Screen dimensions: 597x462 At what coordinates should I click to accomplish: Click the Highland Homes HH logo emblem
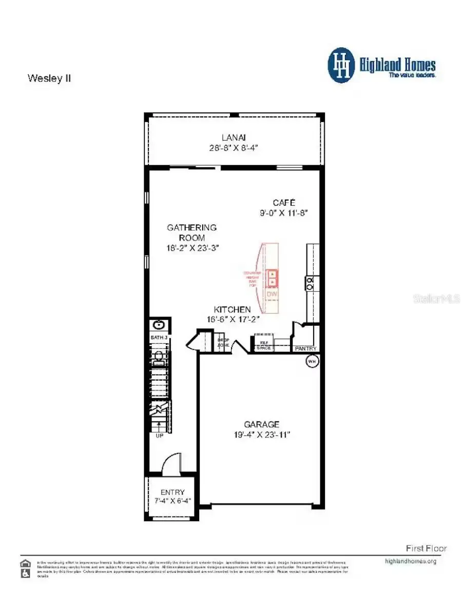point(341,65)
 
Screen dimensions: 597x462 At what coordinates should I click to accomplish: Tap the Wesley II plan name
point(49,78)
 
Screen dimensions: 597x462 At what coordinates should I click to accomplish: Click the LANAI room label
point(234,137)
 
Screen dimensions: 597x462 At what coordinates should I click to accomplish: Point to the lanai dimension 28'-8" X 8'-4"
point(234,147)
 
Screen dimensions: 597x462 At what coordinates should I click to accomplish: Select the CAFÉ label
point(284,203)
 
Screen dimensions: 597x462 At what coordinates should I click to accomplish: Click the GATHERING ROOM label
point(192,232)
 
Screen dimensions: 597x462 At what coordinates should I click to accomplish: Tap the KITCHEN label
point(233,310)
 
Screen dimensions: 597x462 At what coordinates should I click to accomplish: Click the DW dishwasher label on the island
point(272,294)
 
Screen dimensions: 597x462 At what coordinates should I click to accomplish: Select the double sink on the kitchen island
point(272,277)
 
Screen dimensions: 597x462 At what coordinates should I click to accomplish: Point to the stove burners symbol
point(311,283)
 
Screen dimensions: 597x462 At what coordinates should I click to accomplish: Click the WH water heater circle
point(312,362)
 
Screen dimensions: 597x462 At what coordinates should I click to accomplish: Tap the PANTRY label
point(305,349)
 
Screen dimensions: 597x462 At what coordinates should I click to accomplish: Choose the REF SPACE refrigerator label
point(264,345)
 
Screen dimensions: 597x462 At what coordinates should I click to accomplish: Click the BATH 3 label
point(159,337)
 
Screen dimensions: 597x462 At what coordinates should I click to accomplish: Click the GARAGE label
point(262,424)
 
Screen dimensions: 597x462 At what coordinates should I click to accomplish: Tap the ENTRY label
point(172,492)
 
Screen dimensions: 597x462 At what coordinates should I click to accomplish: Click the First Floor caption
point(426,548)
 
